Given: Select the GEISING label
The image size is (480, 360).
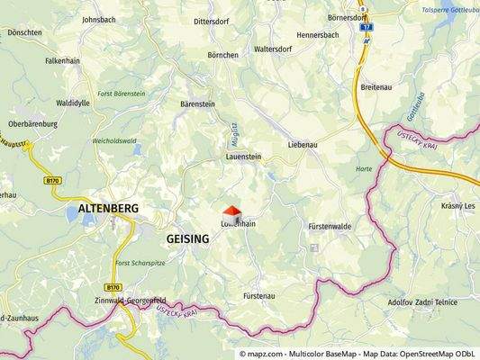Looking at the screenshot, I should (187, 238).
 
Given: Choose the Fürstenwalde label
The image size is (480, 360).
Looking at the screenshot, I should (328, 226).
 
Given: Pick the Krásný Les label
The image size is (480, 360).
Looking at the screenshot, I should (459, 206).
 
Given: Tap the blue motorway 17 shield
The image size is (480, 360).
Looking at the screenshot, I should (366, 28).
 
